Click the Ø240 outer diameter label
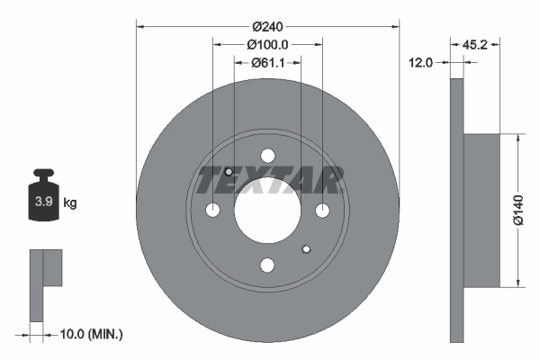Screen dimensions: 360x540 pyautogui.click(x=267, y=26)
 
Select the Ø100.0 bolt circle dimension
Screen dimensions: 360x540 pyautogui.click(x=267, y=44)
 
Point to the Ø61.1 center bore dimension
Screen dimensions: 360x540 pyautogui.click(x=267, y=62)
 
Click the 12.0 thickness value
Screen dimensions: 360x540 pyautogui.click(x=421, y=62)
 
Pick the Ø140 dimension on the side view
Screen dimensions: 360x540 pyautogui.click(x=517, y=211)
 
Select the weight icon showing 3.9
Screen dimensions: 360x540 pyautogui.click(x=43, y=200)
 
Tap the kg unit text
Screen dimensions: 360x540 pyautogui.click(x=69, y=203)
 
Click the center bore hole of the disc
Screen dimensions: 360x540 pyautogui.click(x=267, y=211)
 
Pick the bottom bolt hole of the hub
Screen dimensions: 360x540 pyautogui.click(x=267, y=265)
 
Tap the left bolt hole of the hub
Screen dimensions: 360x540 pyautogui.click(x=212, y=211)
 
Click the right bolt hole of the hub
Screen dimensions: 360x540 pyautogui.click(x=322, y=211)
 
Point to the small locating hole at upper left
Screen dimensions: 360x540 pyautogui.click(x=229, y=172)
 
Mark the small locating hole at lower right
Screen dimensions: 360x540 pyautogui.click(x=306, y=249)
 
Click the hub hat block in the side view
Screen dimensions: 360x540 pyautogui.click(x=481, y=211)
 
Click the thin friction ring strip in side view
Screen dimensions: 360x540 pyautogui.click(x=456, y=211)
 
